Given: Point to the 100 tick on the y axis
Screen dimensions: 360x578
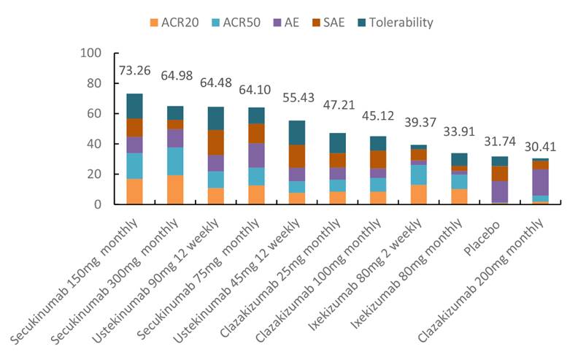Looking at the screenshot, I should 92,53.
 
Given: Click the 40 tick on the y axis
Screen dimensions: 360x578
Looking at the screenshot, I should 96,145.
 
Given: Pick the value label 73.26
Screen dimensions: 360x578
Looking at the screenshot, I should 134,71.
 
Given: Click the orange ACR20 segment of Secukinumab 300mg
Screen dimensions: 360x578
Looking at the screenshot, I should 174,190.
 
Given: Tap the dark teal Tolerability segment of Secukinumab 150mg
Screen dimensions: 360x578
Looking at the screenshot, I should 134,106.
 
